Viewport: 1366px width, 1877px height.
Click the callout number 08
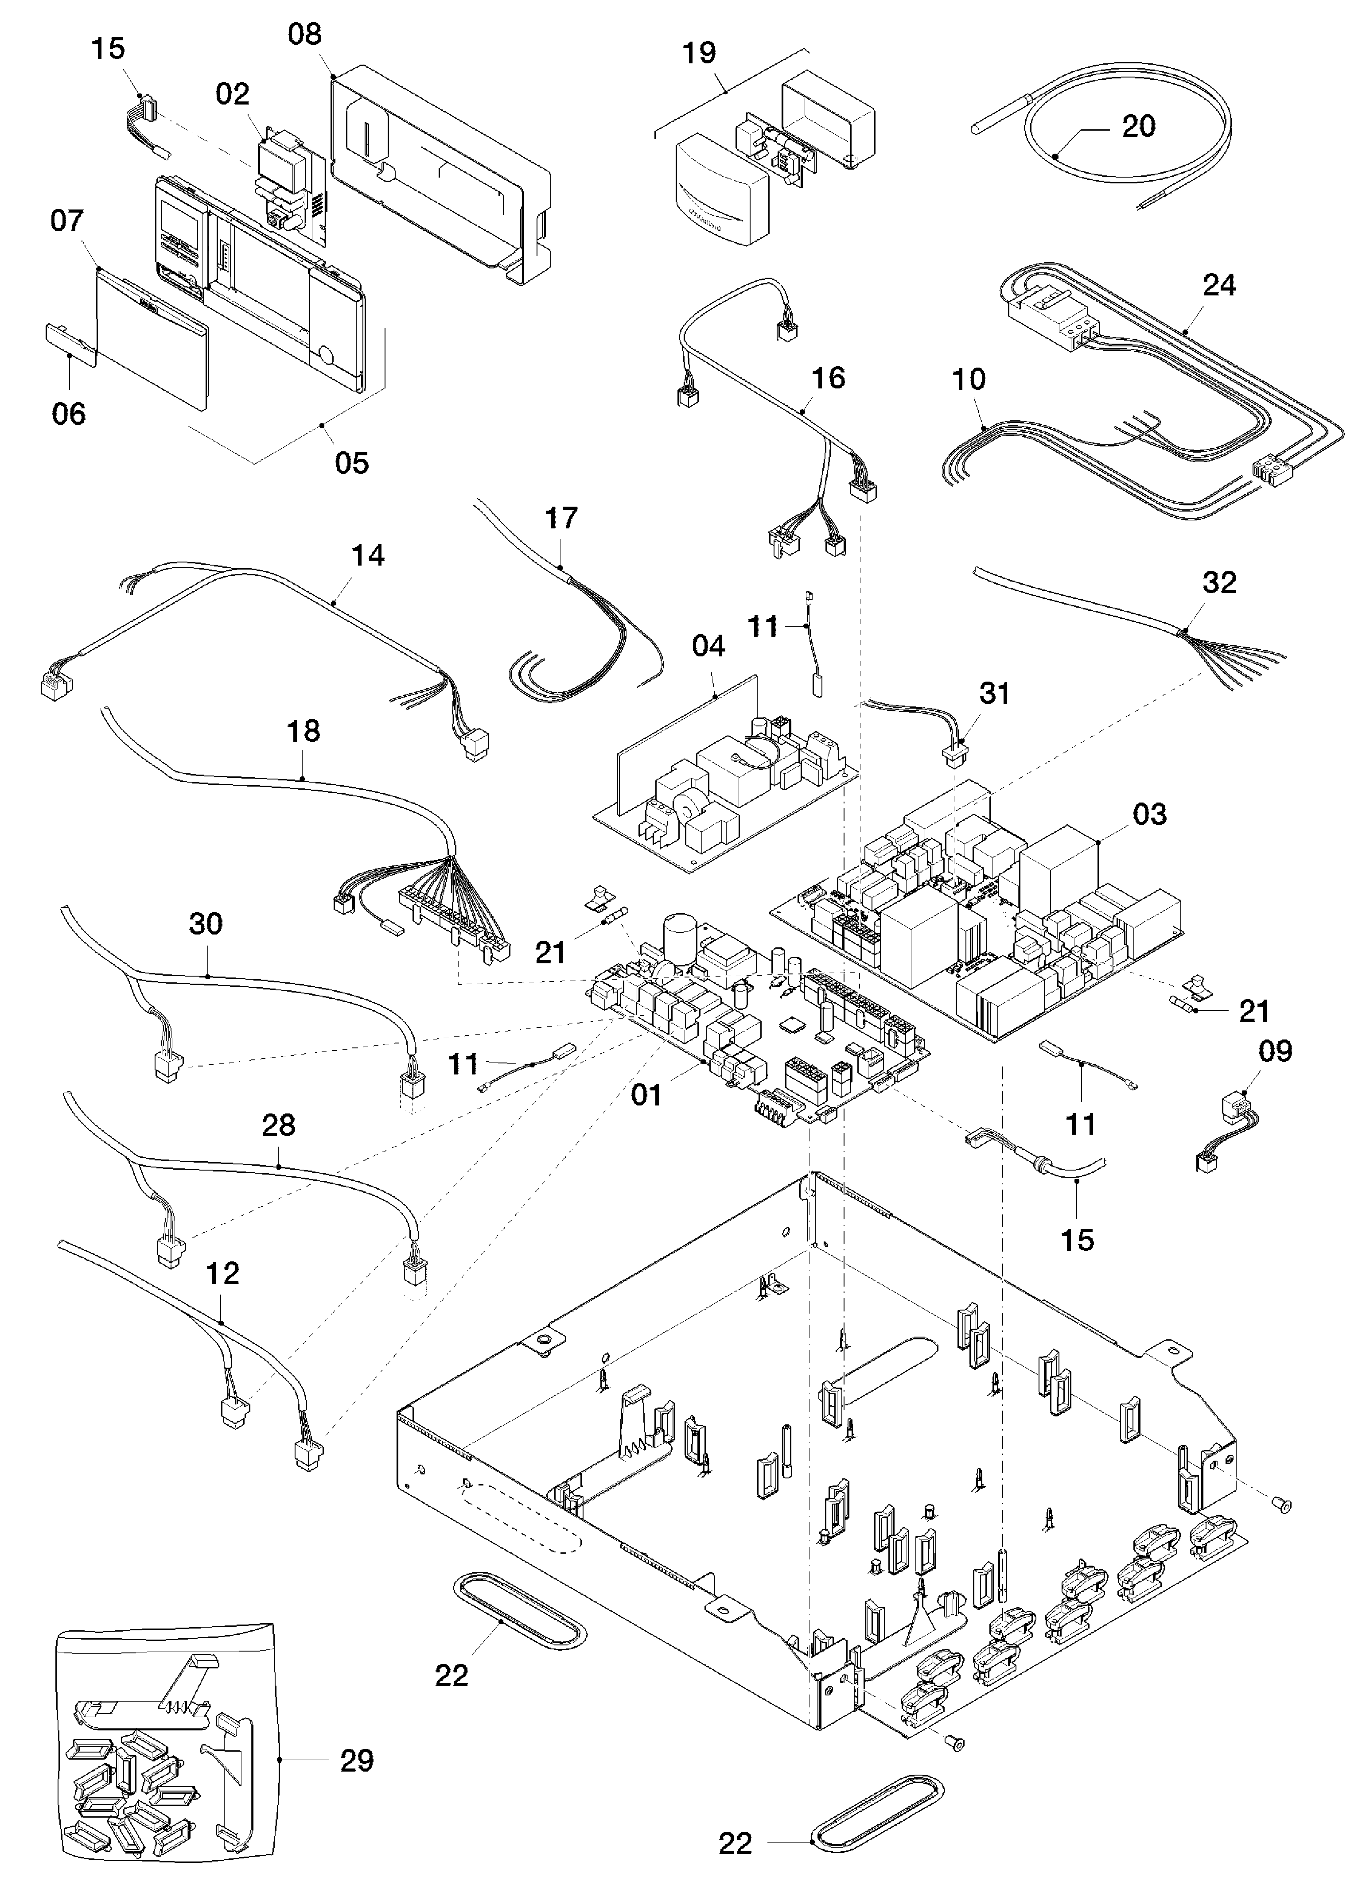(x=305, y=35)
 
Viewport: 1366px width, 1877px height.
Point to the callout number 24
(x=1219, y=286)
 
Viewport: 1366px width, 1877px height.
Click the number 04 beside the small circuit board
(x=708, y=646)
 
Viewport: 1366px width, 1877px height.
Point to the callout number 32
(x=1219, y=582)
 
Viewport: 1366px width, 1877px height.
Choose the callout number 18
(x=303, y=732)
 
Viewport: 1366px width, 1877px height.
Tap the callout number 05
(x=352, y=463)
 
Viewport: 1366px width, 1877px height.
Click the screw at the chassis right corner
(x=1284, y=1502)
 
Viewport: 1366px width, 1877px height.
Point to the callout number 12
(x=222, y=1274)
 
